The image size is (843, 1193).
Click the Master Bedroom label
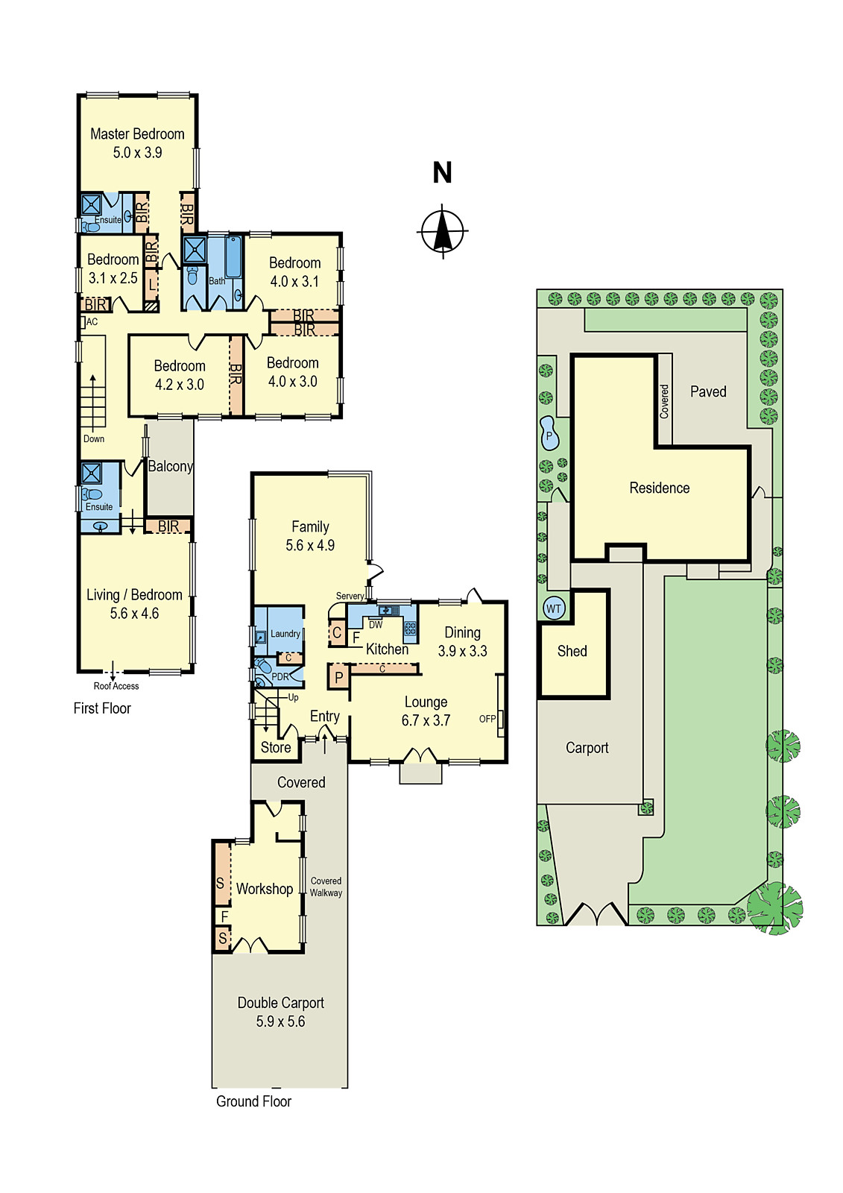pos(137,134)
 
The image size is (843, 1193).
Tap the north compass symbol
pos(443,231)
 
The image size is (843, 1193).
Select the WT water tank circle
pos(553,608)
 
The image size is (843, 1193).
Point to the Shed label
pos(572,651)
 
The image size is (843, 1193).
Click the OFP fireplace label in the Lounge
pos(487,719)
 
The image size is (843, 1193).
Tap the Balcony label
pos(170,466)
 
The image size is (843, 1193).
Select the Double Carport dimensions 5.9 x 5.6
pos(280,1022)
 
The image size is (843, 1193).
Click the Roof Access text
pos(116,686)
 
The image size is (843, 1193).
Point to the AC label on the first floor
pos(92,322)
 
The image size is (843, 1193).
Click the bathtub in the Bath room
pos(233,257)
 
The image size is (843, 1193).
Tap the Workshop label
pos(265,889)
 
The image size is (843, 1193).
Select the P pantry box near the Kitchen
pos(338,677)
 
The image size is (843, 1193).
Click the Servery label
pos(350,596)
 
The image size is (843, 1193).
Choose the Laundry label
pos(285,634)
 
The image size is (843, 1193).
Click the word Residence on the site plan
pos(659,488)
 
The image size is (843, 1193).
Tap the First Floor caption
pos(102,708)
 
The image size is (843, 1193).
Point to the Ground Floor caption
pos(253,1101)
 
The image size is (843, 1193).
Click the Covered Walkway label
pos(326,887)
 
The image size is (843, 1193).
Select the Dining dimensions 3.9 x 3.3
pos(462,651)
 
